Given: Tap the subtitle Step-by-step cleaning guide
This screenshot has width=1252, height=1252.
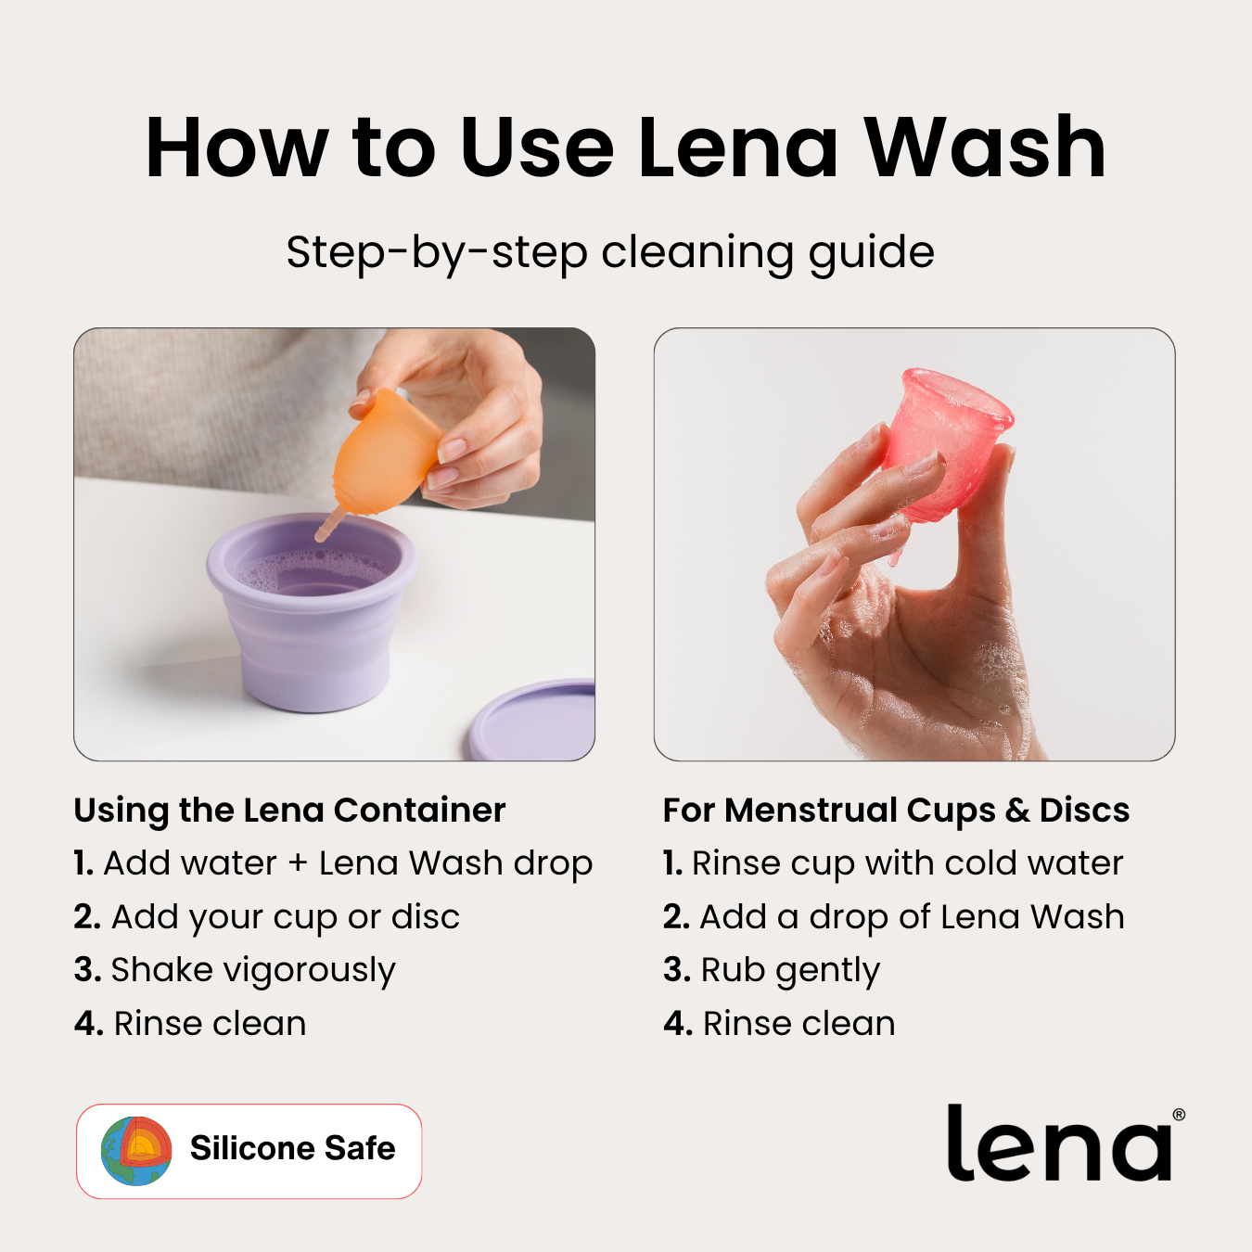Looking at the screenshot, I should pos(610,252).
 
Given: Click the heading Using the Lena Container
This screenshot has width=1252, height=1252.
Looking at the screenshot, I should pos(289,810).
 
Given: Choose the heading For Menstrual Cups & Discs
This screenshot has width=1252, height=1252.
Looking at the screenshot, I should pos(896,810).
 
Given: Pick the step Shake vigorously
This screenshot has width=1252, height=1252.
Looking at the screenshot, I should pos(235,970).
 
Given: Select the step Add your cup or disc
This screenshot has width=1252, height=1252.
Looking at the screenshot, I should pos(267,917).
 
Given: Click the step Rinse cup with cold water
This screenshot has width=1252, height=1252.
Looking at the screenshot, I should pos(893,863).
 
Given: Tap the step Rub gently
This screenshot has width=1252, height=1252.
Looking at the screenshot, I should pos(772,970).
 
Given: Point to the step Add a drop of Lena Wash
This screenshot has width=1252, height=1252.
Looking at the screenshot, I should pos(894,917).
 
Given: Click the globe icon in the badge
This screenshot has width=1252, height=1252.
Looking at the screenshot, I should pos(136,1151).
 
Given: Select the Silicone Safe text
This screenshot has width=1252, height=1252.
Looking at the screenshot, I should pos(292,1148).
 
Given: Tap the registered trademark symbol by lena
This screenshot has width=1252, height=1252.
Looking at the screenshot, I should pos(1179,1114).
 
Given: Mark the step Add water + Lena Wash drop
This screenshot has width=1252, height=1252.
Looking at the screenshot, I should pos(333,863).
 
